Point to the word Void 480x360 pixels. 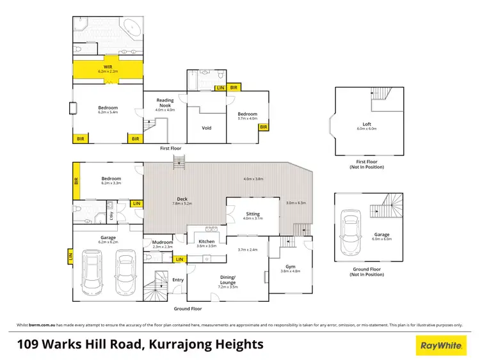206,128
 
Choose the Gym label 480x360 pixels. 291,268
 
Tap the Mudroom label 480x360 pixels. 163,242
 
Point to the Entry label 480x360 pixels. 178,279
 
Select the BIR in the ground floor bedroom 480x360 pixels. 76,182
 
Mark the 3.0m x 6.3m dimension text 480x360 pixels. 296,203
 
